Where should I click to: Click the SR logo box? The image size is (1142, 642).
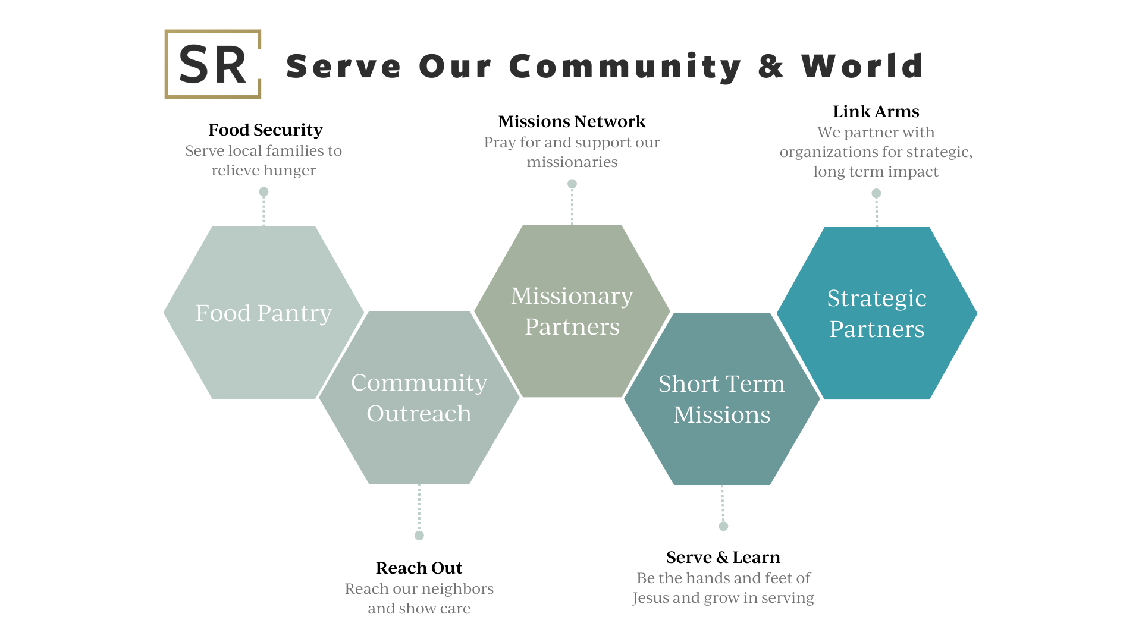tap(212, 64)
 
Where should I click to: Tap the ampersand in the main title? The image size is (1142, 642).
tap(771, 66)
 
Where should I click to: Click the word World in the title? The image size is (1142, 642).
tap(862, 66)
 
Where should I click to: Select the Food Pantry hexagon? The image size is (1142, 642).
tap(263, 313)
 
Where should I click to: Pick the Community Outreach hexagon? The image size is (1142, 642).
tap(419, 398)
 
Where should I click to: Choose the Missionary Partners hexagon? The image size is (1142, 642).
tap(572, 311)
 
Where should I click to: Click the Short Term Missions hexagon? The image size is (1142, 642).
tap(721, 399)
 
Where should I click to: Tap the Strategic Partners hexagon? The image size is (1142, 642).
tap(877, 313)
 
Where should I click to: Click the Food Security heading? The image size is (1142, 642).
tap(265, 130)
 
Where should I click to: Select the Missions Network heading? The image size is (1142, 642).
tap(572, 121)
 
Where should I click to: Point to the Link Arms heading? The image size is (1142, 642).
tap(876, 111)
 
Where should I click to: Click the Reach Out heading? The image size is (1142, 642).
tap(419, 568)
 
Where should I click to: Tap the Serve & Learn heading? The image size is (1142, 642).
tap(723, 557)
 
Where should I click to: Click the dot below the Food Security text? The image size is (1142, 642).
tap(263, 192)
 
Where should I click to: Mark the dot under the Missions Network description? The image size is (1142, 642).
tap(572, 184)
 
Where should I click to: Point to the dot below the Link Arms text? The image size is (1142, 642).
tap(876, 193)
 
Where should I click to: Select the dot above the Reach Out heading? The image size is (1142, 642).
tap(419, 536)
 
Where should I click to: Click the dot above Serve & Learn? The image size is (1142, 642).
tap(723, 526)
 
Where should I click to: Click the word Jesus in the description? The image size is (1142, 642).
tap(650, 598)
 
